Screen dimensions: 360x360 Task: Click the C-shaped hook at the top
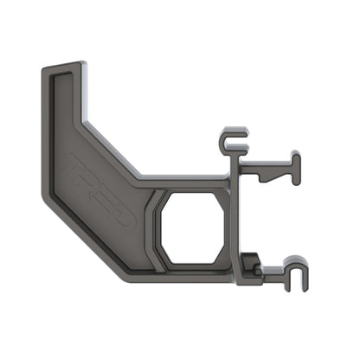[x=231, y=138]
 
